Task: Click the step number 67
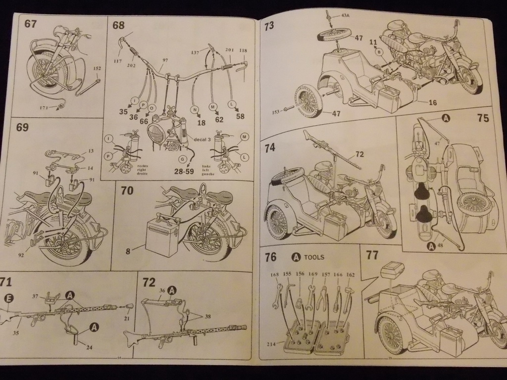point(30,23)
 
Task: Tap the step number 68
point(118,25)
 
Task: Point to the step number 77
point(372,255)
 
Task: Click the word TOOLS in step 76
point(314,257)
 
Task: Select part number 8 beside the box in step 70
point(128,251)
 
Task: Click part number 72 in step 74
point(359,154)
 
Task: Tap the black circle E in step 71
point(8,298)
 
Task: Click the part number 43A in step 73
point(345,15)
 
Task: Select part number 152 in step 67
point(97,69)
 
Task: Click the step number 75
point(483,118)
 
